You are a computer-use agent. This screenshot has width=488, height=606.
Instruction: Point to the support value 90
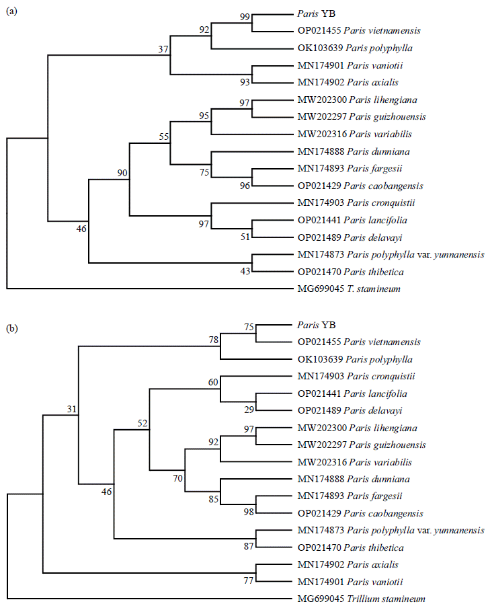coord(122,174)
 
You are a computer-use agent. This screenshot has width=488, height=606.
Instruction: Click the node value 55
coord(163,136)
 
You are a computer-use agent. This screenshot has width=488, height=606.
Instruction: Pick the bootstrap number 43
coord(245,271)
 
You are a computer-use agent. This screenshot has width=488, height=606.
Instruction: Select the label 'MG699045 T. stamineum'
coord(345,289)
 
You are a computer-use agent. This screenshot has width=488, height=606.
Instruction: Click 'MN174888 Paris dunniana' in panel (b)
coord(354,479)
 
